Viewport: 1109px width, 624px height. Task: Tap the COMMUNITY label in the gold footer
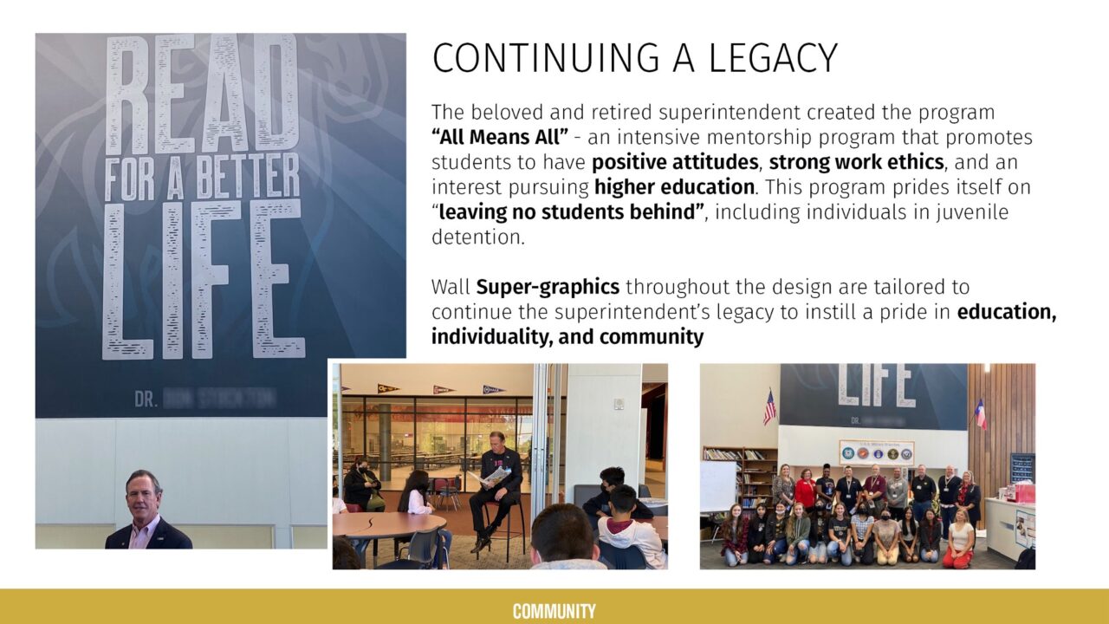click(x=554, y=611)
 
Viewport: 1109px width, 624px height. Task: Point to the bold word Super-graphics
click(x=548, y=287)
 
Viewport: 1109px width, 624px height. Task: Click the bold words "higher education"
click(x=674, y=187)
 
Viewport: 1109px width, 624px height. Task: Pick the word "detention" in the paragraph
click(x=477, y=237)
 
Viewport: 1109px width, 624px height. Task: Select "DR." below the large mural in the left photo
click(x=145, y=400)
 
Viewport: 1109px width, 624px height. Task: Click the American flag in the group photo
click(x=769, y=406)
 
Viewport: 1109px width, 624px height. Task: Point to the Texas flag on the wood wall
click(x=981, y=413)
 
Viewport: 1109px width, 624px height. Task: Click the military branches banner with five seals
click(x=875, y=452)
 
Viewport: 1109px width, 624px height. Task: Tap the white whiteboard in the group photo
click(x=718, y=485)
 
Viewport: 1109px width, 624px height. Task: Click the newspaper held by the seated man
click(x=495, y=475)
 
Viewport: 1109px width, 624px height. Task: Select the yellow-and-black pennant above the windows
click(x=388, y=388)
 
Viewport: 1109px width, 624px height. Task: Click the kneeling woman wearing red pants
click(x=960, y=541)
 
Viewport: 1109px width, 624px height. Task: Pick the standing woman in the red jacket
click(x=805, y=490)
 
